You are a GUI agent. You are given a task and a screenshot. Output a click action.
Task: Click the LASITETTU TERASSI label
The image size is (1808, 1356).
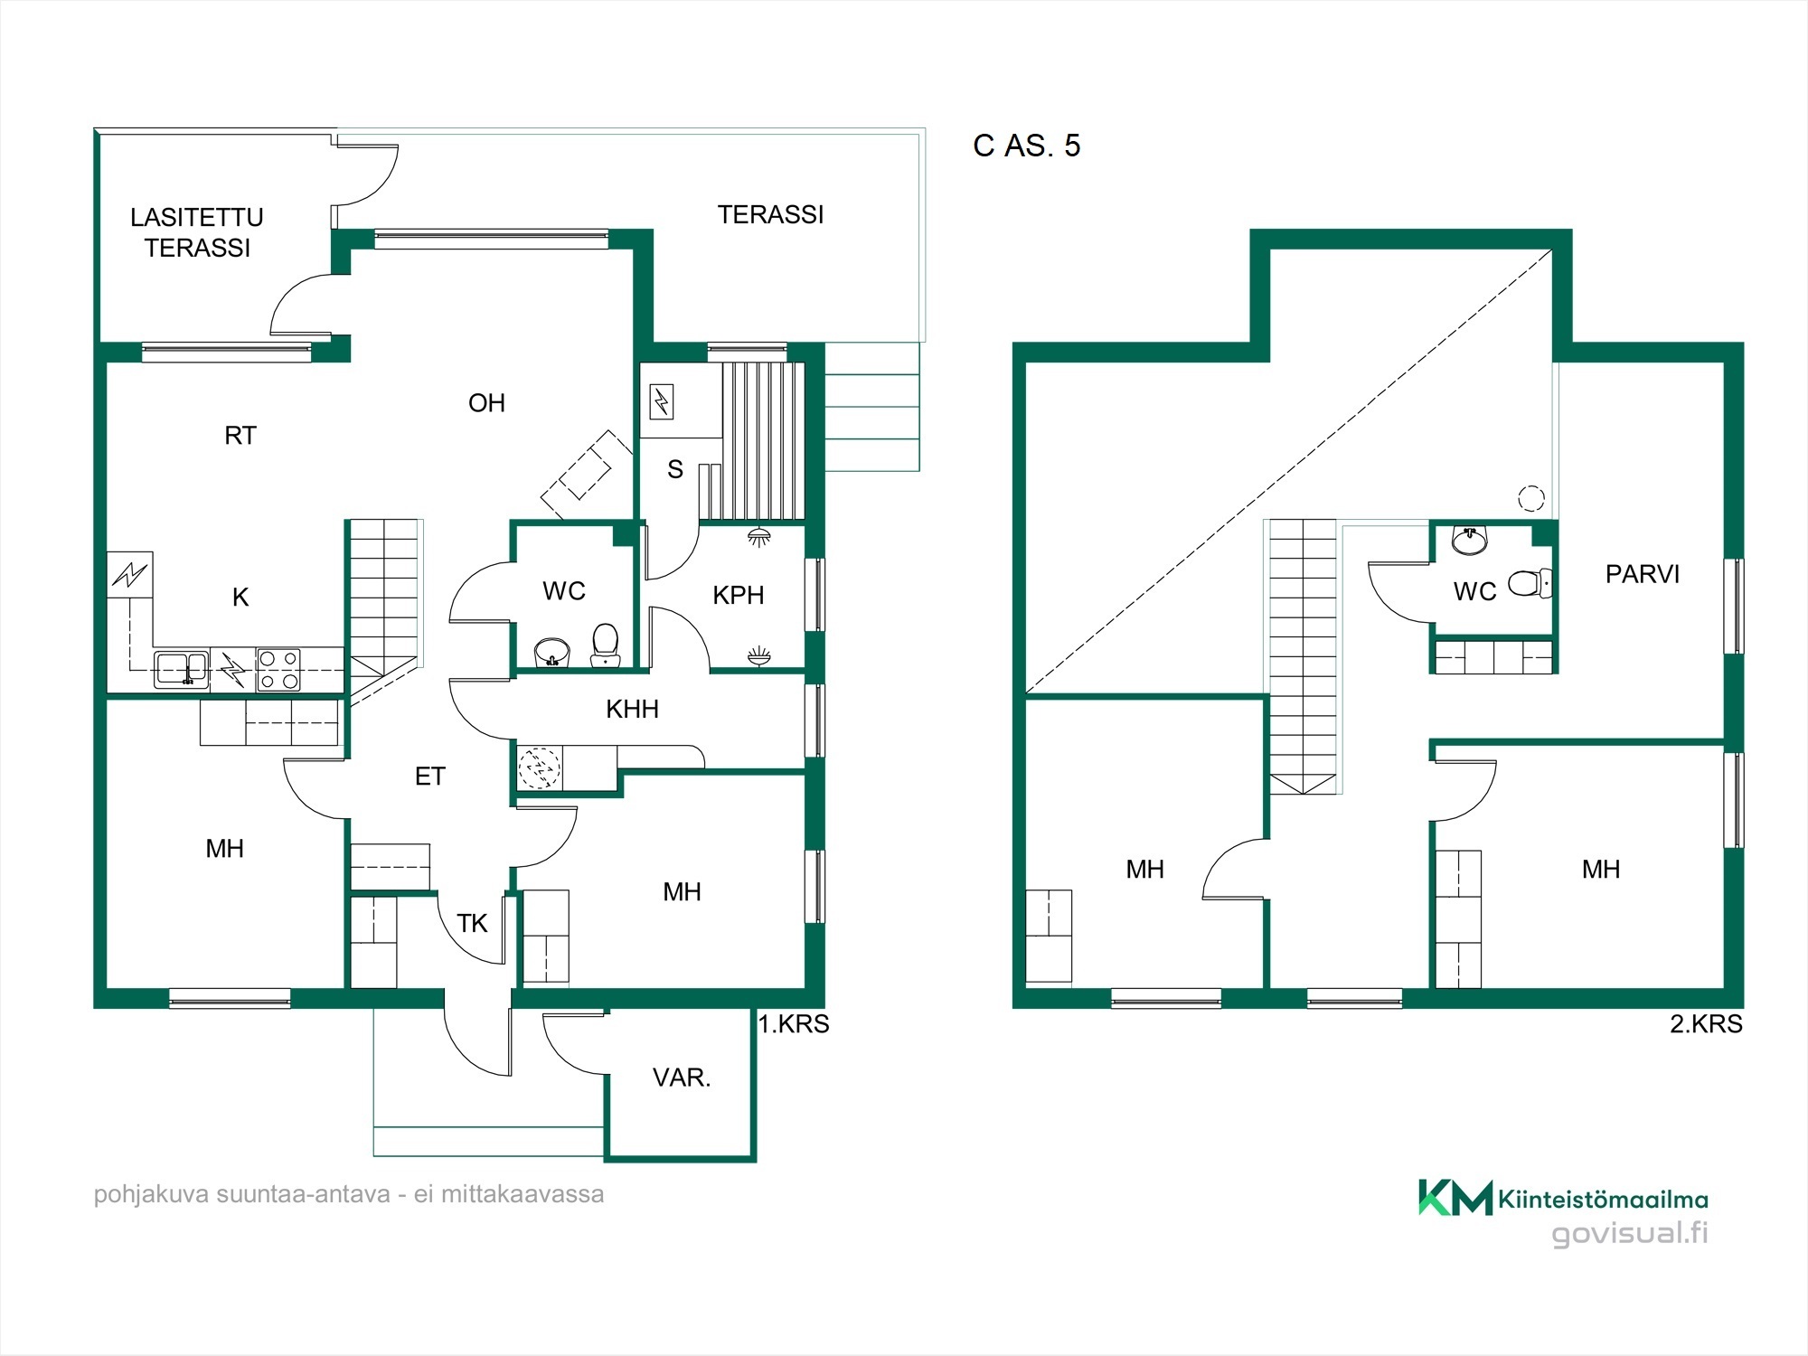(197, 232)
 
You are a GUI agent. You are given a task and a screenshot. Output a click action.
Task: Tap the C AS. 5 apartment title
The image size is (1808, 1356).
(1026, 146)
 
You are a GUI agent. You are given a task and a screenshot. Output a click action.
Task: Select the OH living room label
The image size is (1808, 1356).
(486, 403)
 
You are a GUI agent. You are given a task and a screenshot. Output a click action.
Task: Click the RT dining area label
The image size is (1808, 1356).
(240, 436)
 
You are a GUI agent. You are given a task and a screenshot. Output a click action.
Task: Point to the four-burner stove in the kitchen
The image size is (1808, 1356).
(278, 670)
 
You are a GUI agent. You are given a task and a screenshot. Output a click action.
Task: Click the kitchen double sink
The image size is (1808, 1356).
(182, 669)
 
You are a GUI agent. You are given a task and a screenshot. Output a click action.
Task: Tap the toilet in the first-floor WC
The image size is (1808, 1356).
(605, 645)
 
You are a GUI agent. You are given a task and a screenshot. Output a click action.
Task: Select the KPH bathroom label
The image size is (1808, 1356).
(739, 595)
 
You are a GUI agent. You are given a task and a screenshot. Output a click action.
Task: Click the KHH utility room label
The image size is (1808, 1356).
(632, 709)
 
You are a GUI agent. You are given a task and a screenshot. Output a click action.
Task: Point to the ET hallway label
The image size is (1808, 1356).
(430, 777)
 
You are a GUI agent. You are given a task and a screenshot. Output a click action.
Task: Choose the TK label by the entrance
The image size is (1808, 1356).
(472, 923)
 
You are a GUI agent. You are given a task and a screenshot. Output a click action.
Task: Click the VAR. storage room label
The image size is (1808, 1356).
(682, 1078)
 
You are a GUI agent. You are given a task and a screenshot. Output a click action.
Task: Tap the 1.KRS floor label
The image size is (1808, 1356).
(794, 1024)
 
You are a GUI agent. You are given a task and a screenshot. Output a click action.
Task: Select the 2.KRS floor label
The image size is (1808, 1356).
(1706, 1024)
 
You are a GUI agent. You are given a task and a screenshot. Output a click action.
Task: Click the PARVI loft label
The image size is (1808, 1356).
(1643, 574)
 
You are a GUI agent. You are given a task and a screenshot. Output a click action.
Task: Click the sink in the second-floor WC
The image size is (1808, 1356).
(1470, 540)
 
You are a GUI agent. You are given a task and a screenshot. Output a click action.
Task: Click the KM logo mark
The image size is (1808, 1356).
(1455, 1198)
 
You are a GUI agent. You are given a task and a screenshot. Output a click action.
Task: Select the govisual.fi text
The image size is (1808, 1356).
(1630, 1234)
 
